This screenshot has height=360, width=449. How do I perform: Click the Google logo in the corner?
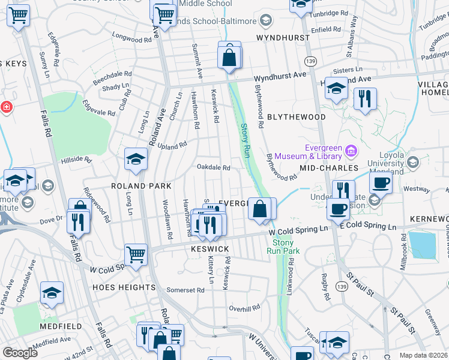(20, 353)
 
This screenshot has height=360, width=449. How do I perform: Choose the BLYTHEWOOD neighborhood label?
(296, 117)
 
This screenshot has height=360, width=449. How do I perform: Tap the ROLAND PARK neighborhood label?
(142, 186)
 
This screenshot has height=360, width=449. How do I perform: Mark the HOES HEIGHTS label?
(124, 287)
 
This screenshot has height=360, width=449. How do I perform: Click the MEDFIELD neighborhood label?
(61, 326)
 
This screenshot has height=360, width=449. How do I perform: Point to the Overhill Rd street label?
(244, 307)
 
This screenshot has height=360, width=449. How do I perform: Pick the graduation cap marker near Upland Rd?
(136, 159)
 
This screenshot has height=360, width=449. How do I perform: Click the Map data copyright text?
(423, 355)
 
